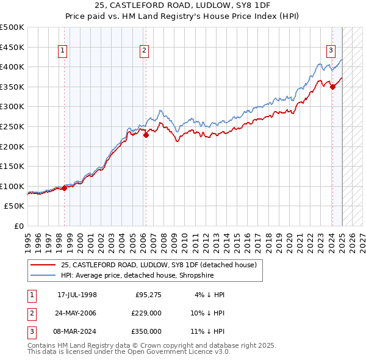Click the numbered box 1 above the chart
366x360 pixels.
coord(63,51)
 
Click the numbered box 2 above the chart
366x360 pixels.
coord(145,51)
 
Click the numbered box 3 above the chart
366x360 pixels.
coord(331,51)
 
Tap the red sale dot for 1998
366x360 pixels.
coord(64,188)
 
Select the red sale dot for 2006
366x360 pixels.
coord(146,135)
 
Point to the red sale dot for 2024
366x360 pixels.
coord(332,87)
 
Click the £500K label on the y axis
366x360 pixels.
coord(13,27)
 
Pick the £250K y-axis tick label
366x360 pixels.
coord(13,127)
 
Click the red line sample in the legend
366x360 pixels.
coord(43,265)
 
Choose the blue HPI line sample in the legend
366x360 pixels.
coord(43,275)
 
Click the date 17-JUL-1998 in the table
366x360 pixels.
coord(77,295)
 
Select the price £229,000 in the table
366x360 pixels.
coord(146,313)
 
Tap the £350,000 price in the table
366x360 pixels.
coord(146,331)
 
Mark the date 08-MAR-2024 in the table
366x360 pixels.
coord(77,331)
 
